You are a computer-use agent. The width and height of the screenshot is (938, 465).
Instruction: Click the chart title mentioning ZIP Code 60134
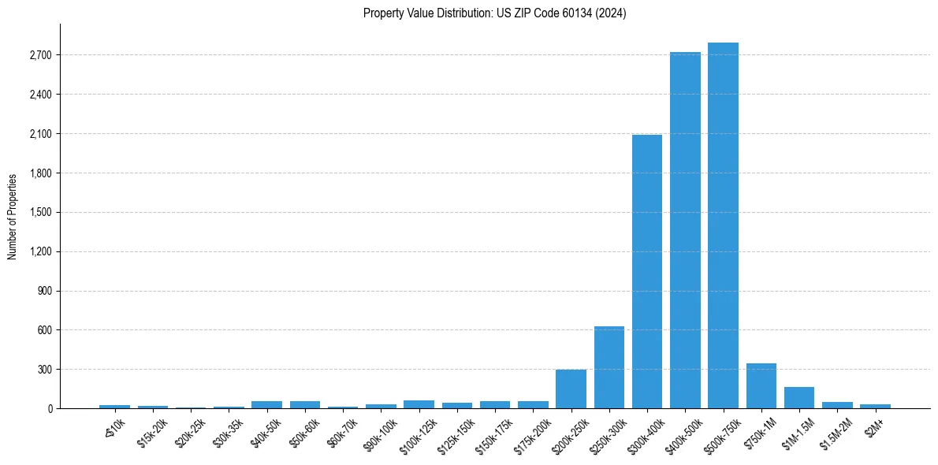(494, 13)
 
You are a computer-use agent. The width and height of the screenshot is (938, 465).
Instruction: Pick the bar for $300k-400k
(647, 271)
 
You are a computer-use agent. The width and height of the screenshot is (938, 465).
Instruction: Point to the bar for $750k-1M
(761, 385)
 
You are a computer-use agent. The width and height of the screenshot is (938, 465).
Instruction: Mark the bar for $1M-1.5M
(799, 397)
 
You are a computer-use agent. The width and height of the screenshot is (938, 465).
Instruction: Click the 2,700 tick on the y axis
(39, 55)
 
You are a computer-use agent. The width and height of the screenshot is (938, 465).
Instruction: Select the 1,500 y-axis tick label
(39, 213)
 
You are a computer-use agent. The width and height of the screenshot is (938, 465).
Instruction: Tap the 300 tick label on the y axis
(44, 370)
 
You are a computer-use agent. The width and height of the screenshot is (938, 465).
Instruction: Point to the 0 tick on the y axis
(49, 409)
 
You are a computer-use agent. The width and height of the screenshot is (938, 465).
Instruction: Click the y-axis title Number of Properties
(13, 216)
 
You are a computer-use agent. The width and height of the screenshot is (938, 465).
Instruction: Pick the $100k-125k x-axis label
(417, 433)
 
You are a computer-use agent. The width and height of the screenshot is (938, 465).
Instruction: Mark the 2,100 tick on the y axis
(39, 134)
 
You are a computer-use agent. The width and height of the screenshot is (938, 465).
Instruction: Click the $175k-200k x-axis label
(531, 433)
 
